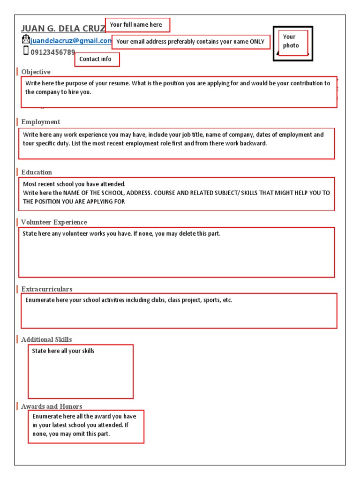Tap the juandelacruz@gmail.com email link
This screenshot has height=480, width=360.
pyautogui.click(x=71, y=41)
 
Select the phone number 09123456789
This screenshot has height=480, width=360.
pyautogui.click(x=52, y=52)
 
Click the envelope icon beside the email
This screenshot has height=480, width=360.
pyautogui.click(x=25, y=39)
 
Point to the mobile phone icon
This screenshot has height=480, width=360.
pyautogui.click(x=26, y=51)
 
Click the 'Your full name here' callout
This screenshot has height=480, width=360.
pyautogui.click(x=137, y=25)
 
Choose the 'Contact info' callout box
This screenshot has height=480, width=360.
pyautogui.click(x=97, y=60)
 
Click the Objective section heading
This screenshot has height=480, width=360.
pyautogui.click(x=36, y=72)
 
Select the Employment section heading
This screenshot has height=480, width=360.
pyautogui.click(x=40, y=122)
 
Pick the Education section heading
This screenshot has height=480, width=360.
pyautogui.click(x=37, y=172)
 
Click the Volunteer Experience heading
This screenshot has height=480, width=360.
pyautogui.click(x=54, y=222)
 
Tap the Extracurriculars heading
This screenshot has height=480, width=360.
pyautogui.click(x=46, y=289)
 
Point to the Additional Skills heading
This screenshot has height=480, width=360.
pyautogui.click(x=46, y=339)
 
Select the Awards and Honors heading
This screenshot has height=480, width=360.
pyautogui.click(x=52, y=406)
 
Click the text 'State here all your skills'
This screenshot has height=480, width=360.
pyautogui.click(x=63, y=351)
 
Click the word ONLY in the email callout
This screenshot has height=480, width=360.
pyautogui.click(x=257, y=42)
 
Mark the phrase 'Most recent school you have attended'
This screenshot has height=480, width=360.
pyautogui.click(x=75, y=184)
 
